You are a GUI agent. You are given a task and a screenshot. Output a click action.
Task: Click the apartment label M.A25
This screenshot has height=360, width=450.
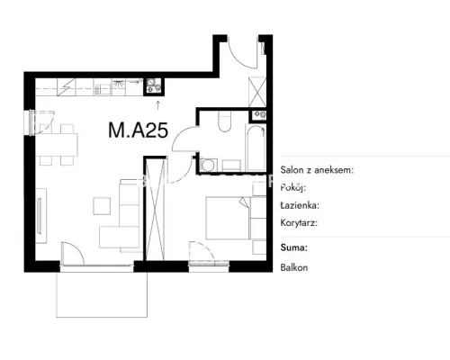click(138, 130)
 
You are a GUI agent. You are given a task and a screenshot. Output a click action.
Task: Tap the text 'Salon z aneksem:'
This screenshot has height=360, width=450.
click(317, 170)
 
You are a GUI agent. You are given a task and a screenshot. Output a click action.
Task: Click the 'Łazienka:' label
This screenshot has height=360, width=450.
click(300, 205)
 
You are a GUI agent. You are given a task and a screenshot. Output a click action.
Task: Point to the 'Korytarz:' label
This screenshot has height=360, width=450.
click(299, 223)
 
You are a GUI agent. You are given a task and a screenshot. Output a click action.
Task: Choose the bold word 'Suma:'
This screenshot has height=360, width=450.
click(294, 247)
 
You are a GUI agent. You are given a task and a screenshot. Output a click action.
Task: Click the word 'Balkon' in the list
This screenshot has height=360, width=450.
click(294, 267)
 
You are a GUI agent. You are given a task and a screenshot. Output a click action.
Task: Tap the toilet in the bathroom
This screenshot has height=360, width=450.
click(225, 121)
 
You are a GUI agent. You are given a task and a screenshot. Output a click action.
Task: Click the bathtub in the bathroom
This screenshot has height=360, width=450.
click(256, 148)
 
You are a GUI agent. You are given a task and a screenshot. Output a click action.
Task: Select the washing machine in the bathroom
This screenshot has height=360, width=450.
click(208, 166)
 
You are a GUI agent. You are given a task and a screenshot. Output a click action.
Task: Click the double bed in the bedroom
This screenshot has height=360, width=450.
click(228, 218)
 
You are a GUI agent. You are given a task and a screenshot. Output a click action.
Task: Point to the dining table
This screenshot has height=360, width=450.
click(57, 145)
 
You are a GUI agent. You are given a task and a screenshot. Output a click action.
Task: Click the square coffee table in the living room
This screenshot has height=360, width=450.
click(102, 206)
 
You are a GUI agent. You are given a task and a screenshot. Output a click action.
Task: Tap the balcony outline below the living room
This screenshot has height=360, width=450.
click(102, 317)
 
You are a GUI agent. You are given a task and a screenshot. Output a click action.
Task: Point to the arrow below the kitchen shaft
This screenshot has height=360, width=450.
click(157, 105)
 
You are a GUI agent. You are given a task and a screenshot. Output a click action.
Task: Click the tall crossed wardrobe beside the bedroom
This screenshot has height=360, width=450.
click(155, 210)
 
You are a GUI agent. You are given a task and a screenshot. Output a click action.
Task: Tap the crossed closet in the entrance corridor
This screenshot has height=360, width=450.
click(257, 92)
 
